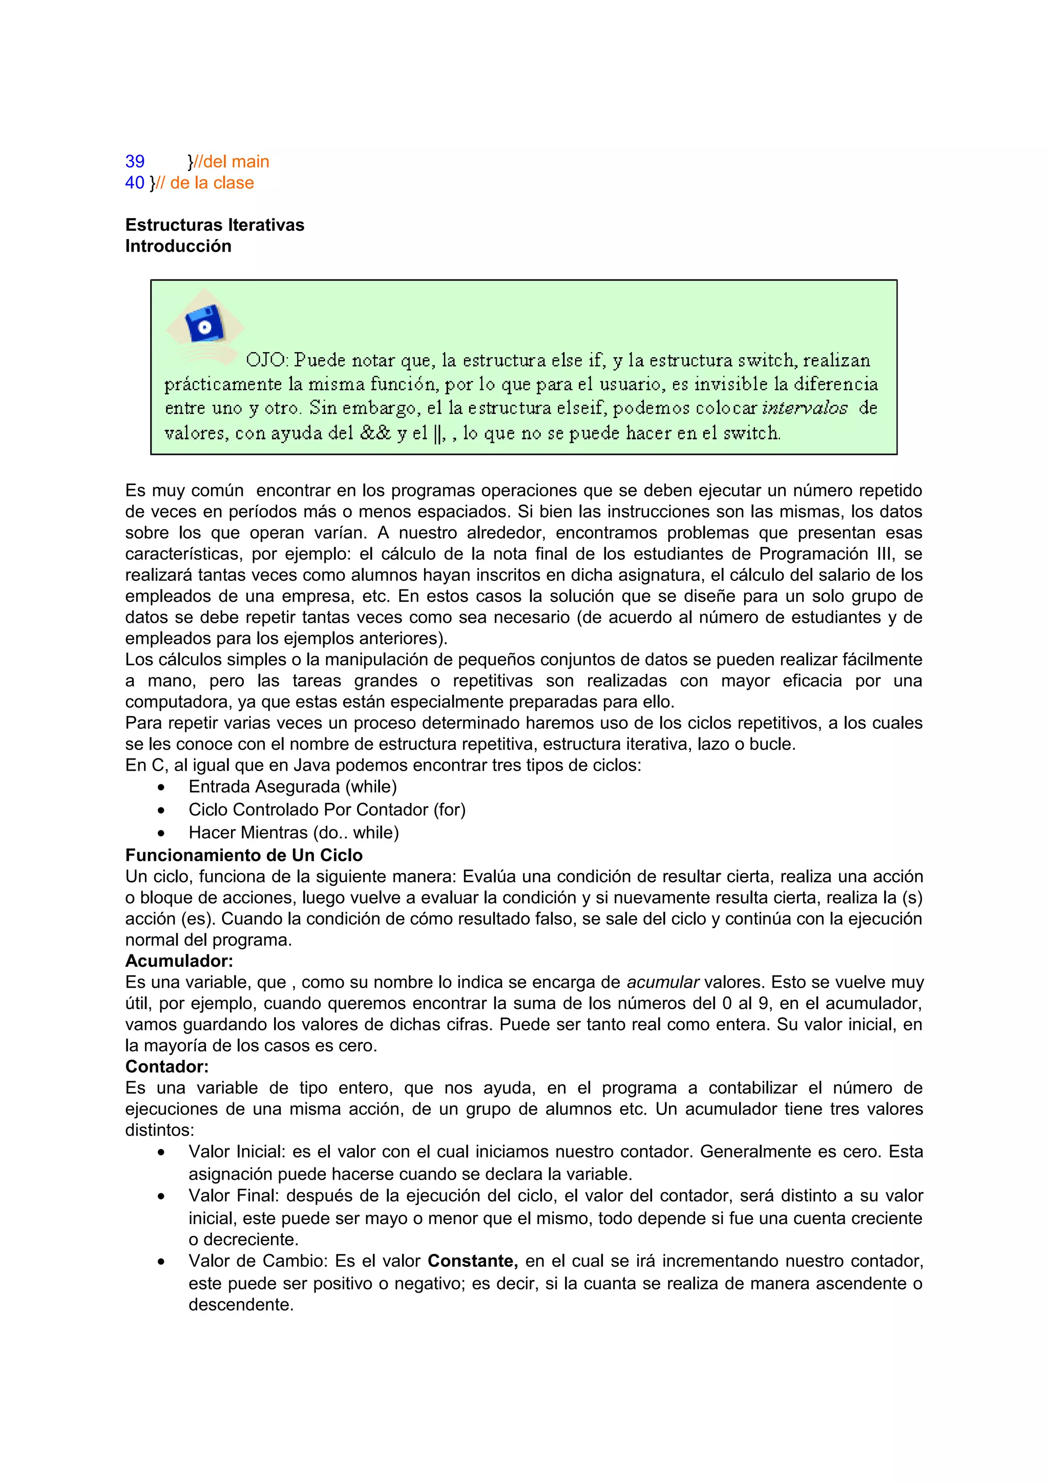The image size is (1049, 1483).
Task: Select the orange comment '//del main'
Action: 232,162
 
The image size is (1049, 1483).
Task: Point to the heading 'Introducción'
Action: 178,246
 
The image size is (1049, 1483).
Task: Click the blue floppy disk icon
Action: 204,324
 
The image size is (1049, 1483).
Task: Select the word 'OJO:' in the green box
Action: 266,360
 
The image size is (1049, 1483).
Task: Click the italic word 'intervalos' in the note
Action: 804,408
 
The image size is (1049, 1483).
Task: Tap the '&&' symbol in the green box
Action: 375,433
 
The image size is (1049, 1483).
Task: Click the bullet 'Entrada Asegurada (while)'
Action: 292,787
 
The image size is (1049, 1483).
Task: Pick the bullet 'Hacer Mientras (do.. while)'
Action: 293,833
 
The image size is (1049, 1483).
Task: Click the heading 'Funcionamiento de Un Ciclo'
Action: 244,855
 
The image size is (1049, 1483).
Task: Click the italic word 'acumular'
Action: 662,983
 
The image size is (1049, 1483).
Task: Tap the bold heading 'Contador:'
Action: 167,1066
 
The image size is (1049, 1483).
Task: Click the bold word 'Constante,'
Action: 472,1261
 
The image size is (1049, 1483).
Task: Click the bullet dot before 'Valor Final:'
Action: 161,1197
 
